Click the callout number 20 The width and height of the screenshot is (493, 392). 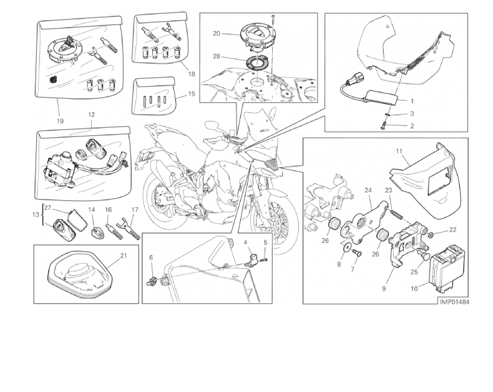(x=217, y=33)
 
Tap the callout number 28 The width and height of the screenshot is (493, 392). (x=217, y=57)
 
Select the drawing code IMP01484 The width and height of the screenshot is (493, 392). (x=454, y=302)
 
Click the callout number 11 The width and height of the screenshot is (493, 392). (x=399, y=151)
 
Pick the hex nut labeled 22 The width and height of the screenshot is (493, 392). (x=432, y=234)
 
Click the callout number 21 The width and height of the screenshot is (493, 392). (x=124, y=255)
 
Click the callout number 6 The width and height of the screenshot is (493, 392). (x=151, y=258)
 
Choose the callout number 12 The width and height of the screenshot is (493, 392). (x=91, y=115)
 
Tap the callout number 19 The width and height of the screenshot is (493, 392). (x=60, y=121)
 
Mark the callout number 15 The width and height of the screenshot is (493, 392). (x=192, y=94)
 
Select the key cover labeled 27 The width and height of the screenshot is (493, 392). (x=77, y=220)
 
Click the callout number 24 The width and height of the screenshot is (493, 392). (x=368, y=190)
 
